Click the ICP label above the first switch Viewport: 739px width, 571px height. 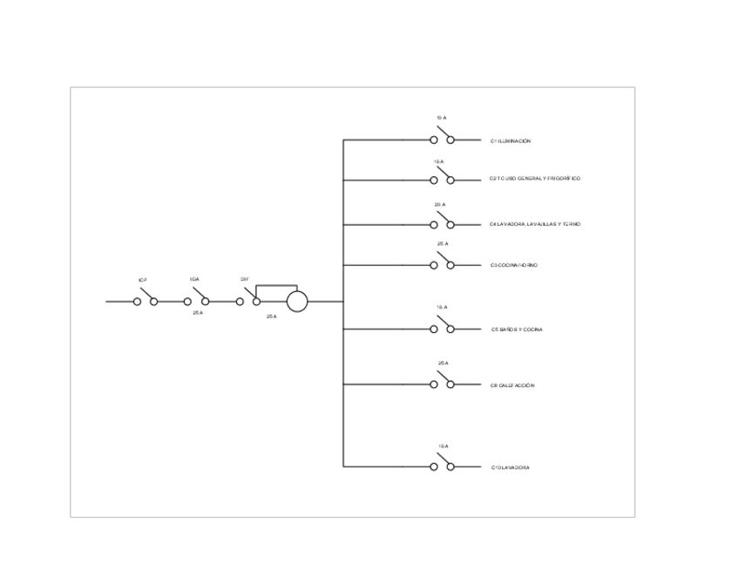143,280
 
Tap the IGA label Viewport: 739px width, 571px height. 194,280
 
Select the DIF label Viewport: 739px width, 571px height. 245,280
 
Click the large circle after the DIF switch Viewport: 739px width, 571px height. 297,302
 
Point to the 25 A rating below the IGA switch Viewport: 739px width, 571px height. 198,312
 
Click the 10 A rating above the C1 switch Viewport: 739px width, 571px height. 442,118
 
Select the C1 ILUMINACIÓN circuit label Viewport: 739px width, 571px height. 511,140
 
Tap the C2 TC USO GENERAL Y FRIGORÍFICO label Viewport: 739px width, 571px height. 535,179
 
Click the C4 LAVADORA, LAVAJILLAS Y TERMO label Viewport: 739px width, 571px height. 535,225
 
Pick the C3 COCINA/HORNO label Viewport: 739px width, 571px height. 514,265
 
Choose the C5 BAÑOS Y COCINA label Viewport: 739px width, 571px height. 518,330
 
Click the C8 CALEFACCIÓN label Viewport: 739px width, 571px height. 512,384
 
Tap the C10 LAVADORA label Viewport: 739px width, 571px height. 511,467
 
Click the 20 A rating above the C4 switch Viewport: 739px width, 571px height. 440,204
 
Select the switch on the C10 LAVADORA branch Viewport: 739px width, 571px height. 442,463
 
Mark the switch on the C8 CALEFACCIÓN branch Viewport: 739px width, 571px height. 442,381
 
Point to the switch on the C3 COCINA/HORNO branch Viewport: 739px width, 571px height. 442,262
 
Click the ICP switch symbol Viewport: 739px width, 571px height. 146,298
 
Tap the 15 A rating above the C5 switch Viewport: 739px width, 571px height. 442,308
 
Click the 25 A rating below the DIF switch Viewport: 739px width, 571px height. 271,316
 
